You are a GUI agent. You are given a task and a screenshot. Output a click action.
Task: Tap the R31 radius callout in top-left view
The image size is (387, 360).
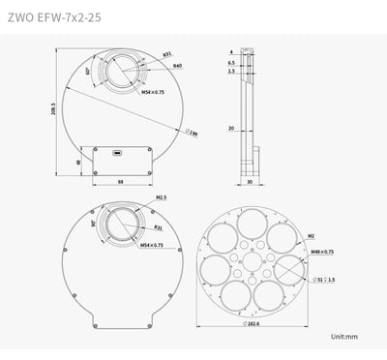point(167,54)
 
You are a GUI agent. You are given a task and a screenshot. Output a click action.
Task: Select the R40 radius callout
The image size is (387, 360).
point(178,66)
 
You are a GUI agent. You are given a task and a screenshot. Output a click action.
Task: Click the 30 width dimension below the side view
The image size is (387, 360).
point(250,180)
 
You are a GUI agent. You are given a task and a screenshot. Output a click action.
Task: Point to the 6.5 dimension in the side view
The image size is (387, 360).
point(233,61)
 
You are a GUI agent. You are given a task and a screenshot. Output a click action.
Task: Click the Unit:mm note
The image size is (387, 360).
point(343,336)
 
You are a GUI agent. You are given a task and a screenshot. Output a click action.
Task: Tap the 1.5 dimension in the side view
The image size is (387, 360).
point(233,71)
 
